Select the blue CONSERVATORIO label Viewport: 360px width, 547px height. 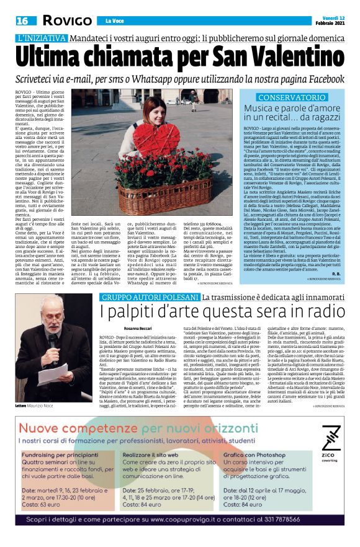tap(290, 98)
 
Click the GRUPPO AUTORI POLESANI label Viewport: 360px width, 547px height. tap(149, 298)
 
